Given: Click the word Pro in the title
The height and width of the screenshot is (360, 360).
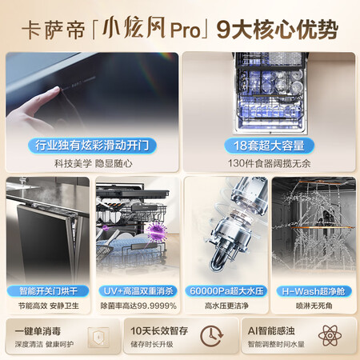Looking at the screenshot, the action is [185, 30].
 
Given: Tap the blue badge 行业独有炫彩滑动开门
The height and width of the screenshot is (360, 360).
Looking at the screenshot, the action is [92, 146].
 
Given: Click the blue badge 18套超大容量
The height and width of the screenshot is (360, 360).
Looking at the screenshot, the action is [269, 146].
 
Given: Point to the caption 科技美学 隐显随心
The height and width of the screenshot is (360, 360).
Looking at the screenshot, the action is [94, 163].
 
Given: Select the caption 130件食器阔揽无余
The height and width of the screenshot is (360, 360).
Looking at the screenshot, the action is [269, 163].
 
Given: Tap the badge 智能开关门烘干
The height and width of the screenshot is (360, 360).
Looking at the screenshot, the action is [48, 291].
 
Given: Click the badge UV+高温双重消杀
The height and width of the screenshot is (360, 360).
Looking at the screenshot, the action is [138, 291].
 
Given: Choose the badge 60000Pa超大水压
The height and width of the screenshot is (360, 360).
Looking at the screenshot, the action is [226, 291].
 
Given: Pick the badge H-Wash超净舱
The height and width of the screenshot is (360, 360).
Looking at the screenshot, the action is [314, 291].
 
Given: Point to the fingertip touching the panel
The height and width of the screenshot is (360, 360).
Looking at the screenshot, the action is [57, 90].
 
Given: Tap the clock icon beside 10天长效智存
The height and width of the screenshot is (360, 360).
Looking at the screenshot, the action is [211, 336].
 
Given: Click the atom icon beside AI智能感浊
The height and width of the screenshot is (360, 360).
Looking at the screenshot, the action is [330, 335].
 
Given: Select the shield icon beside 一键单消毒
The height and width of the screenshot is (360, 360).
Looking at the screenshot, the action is [98, 337].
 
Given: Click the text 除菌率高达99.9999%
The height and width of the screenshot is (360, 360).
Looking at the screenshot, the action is [138, 306].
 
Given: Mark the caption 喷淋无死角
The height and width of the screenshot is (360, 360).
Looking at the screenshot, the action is [314, 306].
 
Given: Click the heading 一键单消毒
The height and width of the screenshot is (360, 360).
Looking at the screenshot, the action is [38, 331].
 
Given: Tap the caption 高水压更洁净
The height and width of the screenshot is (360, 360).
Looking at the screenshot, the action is [226, 306].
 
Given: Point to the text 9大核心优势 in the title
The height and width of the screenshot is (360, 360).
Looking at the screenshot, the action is [278, 30].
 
